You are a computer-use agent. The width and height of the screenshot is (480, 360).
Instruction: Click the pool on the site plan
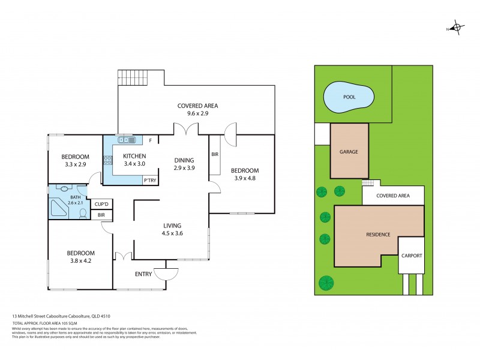tap(349, 97)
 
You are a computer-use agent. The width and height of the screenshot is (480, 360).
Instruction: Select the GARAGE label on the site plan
tap(350, 152)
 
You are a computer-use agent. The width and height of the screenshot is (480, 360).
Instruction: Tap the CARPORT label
tap(412, 256)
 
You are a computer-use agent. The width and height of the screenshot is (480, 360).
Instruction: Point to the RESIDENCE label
tap(379, 235)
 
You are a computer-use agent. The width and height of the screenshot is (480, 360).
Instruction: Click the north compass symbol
tap(457, 28)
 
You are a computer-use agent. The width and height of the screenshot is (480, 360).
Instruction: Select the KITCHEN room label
tap(134, 156)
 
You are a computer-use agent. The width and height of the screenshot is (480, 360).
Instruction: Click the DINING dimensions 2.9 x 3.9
tap(184, 169)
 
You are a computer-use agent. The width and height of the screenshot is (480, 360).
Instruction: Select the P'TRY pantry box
tap(149, 181)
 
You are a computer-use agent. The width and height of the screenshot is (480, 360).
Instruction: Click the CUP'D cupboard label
tap(101, 203)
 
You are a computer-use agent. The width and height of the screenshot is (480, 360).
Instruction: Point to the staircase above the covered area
tap(133, 77)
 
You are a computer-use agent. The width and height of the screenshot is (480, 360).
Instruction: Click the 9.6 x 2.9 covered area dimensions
tap(197, 113)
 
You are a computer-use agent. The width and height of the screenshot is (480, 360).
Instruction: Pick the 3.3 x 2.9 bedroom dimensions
tap(76, 164)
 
